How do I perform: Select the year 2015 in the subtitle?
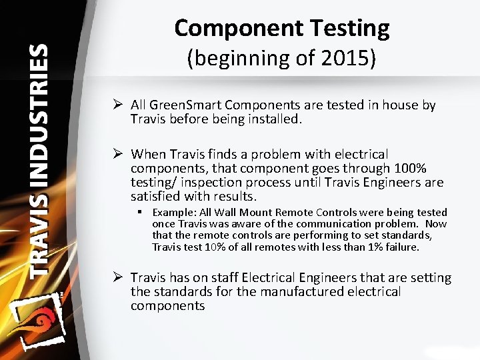(x=353, y=59)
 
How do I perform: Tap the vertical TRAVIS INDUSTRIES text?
(x=39, y=160)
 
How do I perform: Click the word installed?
(x=273, y=119)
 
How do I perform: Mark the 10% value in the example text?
(x=214, y=247)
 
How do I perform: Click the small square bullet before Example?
(x=143, y=213)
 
